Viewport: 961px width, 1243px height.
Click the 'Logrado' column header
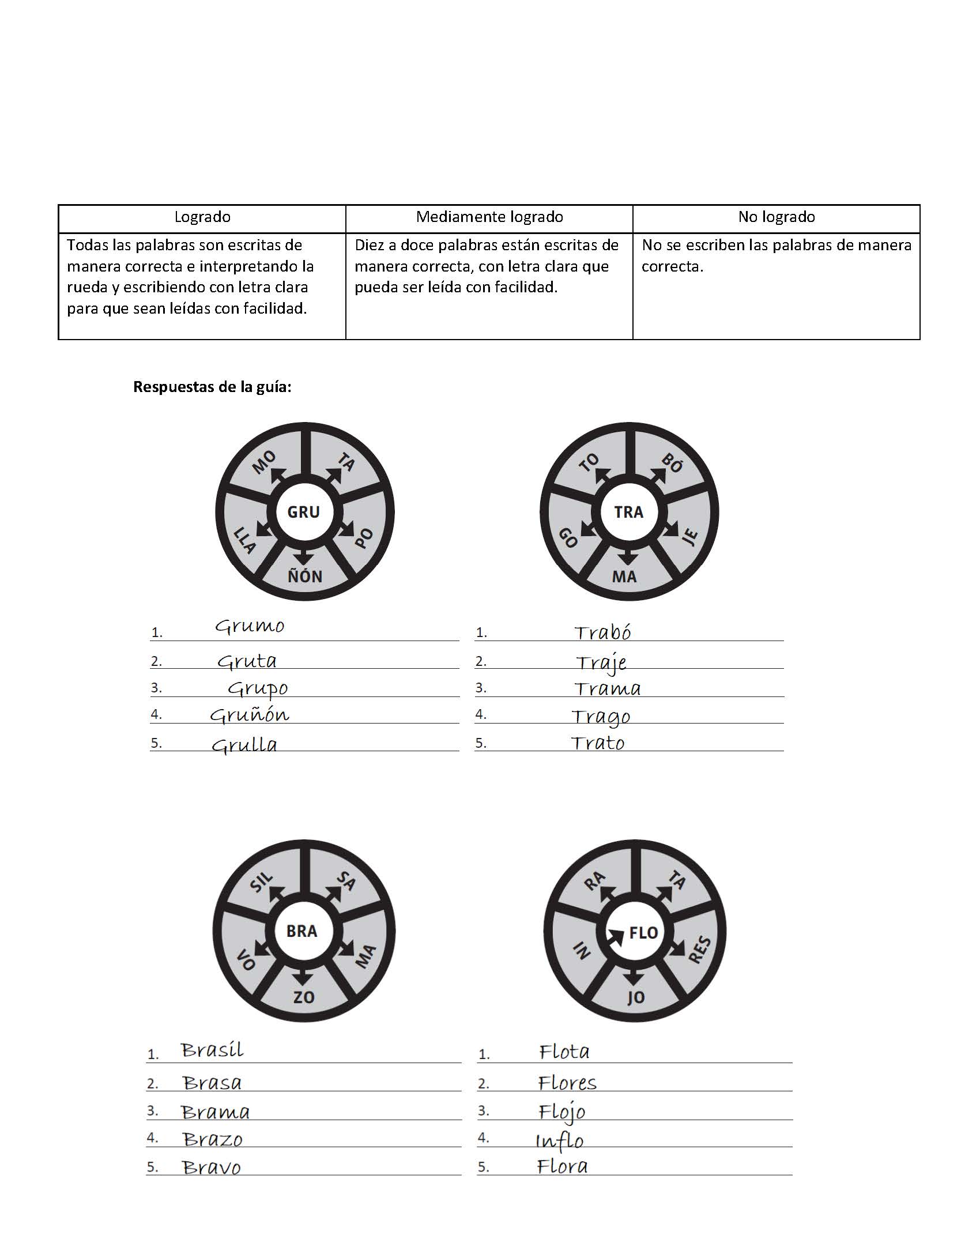click(202, 217)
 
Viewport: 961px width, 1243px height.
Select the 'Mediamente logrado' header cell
click(489, 217)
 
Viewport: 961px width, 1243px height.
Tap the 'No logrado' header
click(776, 217)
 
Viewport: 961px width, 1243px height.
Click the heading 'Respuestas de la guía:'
click(212, 387)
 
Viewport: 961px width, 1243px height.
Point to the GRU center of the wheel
click(304, 512)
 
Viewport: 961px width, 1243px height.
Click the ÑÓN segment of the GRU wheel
click(305, 576)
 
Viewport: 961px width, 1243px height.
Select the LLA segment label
click(244, 540)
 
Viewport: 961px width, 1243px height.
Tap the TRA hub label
click(628, 512)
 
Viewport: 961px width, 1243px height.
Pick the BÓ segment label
click(672, 463)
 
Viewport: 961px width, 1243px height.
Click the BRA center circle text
click(302, 931)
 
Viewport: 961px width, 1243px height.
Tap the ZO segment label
click(304, 997)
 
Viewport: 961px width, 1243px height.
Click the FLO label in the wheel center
click(643, 932)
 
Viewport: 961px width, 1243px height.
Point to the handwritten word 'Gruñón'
click(249, 715)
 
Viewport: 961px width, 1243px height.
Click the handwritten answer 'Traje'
click(601, 662)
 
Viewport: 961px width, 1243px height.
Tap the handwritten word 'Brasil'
click(212, 1050)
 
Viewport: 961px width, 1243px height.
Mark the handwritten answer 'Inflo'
click(559, 1141)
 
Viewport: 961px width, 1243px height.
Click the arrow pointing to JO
click(634, 977)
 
